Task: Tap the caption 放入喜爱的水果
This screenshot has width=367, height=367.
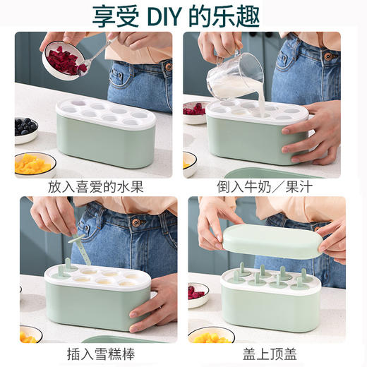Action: click(x=95, y=188)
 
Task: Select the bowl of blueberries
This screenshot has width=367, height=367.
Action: click(x=26, y=128)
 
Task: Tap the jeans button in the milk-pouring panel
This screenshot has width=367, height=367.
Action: click(x=327, y=56)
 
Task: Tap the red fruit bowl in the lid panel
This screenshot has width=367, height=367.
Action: click(x=198, y=293)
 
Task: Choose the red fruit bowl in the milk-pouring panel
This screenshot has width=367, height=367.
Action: click(x=193, y=111)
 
